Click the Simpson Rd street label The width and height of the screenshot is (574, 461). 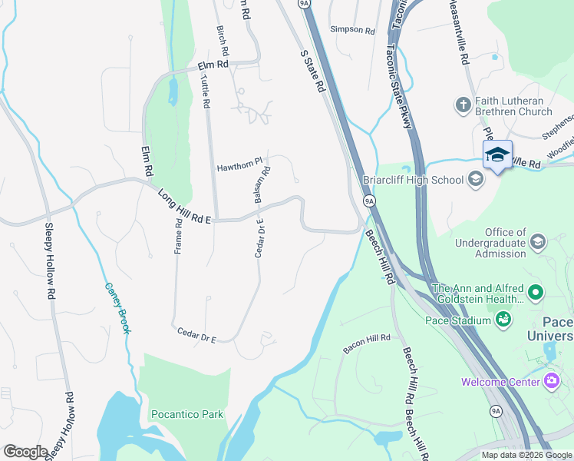point(352,30)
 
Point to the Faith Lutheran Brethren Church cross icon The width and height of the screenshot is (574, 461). point(463,104)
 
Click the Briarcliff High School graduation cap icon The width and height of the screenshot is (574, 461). point(476,179)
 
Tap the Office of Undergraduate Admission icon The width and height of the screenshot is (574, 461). point(538,242)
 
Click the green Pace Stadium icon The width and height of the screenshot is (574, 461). point(503,319)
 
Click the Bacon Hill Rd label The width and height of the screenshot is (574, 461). point(367,343)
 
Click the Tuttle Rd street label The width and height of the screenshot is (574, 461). point(205,91)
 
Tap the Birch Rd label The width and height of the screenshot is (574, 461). point(223,42)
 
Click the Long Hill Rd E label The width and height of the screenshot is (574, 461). point(185,207)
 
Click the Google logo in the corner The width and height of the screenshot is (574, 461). point(25,452)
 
